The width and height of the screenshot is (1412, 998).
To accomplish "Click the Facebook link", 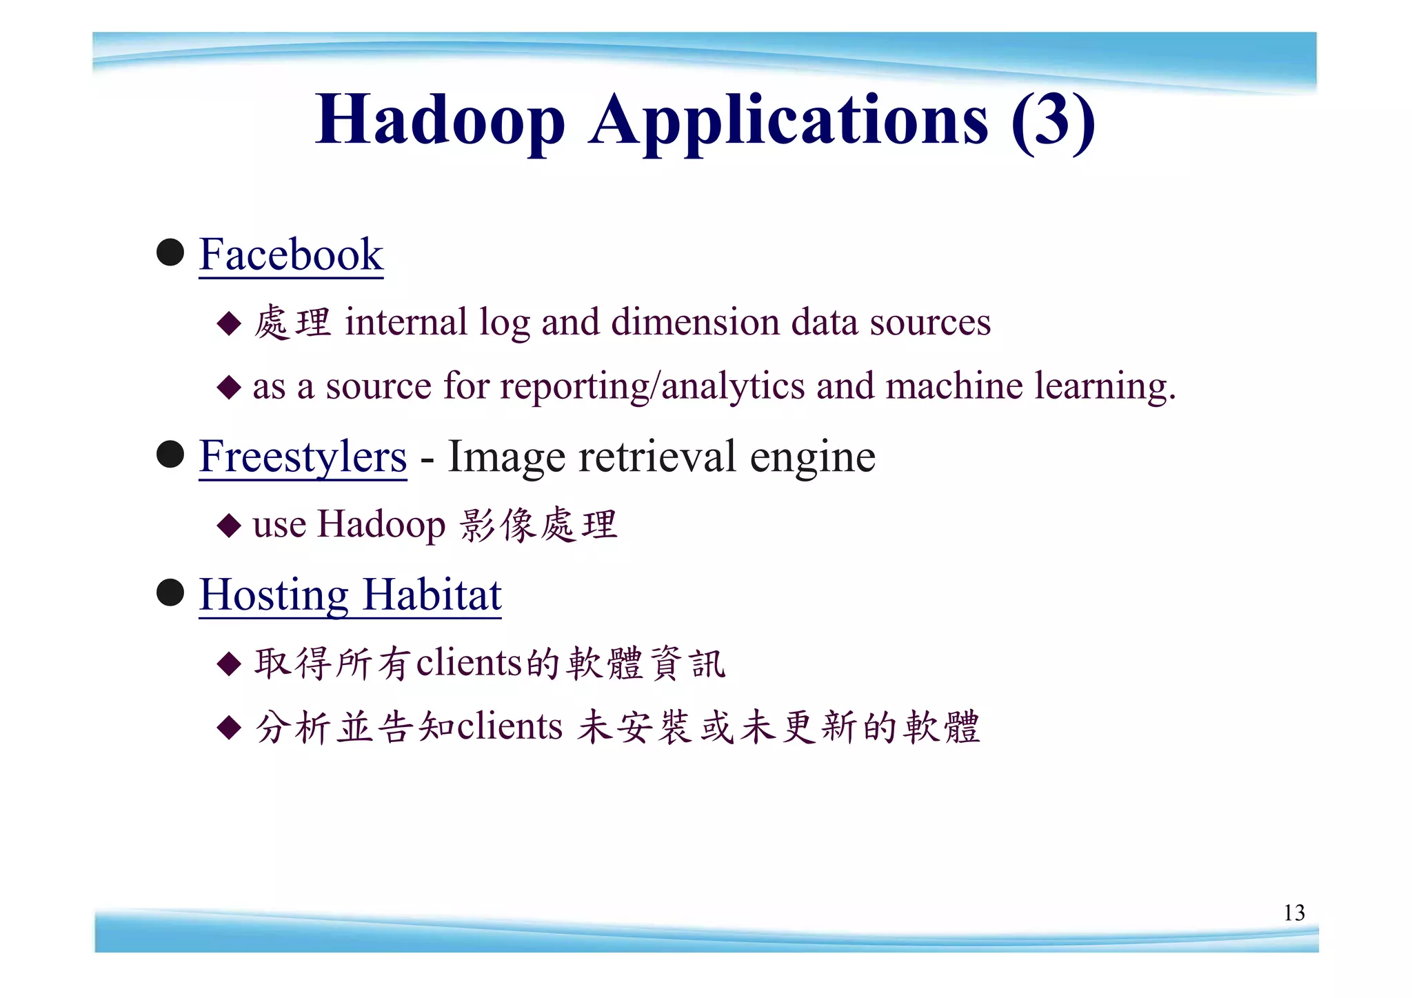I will (x=291, y=255).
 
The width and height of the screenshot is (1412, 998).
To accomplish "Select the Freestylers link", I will (x=303, y=457).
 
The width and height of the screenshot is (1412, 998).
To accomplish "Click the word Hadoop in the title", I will (x=440, y=121).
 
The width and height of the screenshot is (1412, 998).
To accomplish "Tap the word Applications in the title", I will (x=788, y=121).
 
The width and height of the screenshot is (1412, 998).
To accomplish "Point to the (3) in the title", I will (x=1053, y=120).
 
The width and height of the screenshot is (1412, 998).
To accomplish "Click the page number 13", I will (x=1293, y=912).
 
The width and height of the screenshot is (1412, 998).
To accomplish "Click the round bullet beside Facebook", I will (x=170, y=252).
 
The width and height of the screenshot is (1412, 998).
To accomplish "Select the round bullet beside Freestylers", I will (x=170, y=455).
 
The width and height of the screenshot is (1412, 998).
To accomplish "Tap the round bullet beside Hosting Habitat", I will (x=170, y=592).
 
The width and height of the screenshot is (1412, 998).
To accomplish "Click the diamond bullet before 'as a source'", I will (x=229, y=387).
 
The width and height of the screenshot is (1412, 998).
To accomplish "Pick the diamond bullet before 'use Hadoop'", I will (x=229, y=526).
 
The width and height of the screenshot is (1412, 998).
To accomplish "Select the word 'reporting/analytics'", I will (x=652, y=386).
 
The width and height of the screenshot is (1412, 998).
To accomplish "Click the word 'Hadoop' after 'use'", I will (x=381, y=526).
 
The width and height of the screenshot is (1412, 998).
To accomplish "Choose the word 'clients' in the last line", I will (x=510, y=727).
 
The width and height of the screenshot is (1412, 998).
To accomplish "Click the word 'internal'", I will (x=406, y=322).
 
